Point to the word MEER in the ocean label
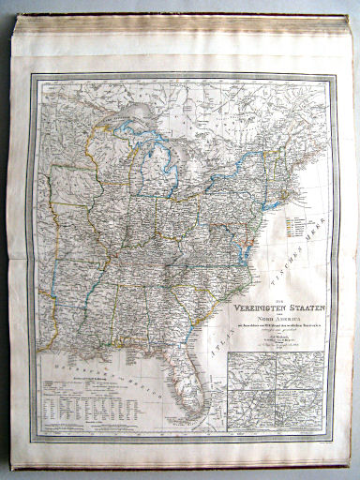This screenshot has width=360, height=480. pos(310,254)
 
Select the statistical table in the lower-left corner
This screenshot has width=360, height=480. pos(74,402)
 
